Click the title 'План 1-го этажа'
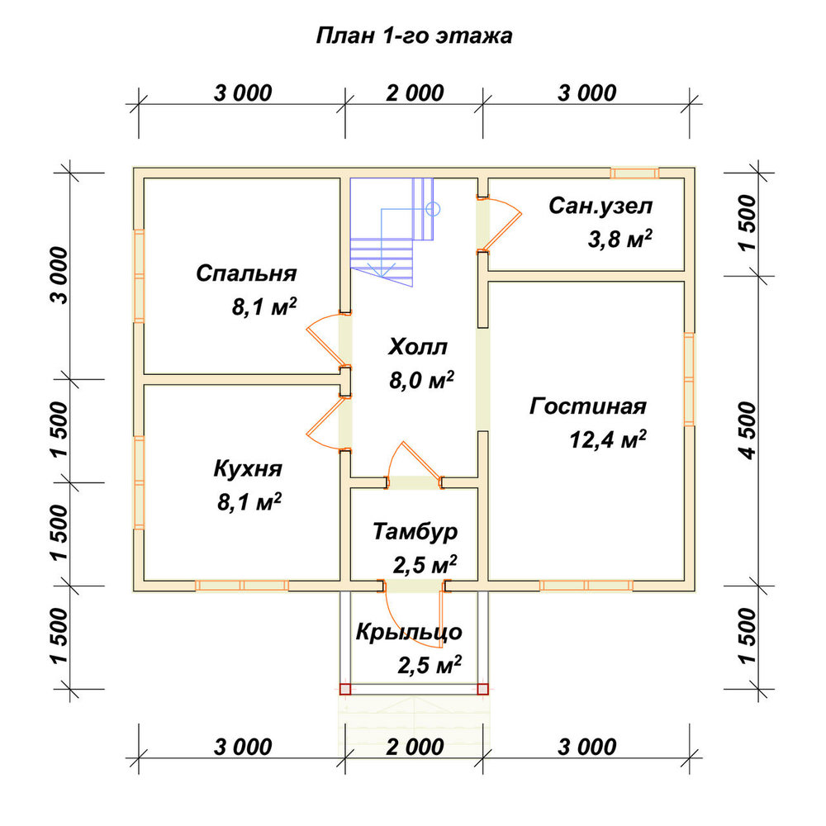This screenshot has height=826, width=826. pos(414,36)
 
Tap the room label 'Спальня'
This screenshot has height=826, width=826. pos(246,273)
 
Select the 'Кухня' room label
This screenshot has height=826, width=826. pos(248,469)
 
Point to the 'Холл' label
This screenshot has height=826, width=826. pos(418,347)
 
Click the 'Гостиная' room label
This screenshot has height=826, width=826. pos(588,406)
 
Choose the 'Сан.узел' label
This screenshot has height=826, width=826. pos(601,206)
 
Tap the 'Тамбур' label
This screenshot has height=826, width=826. pos(415,531)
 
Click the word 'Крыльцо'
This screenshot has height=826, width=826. pos(409,632)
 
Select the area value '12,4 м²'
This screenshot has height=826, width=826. pos(608,439)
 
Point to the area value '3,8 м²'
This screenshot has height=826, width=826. pos(620,240)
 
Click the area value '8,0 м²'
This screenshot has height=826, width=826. pos(421,380)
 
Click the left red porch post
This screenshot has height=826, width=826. pos(345,689)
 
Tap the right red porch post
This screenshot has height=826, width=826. pos(482,689)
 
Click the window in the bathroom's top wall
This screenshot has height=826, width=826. pos(634,173)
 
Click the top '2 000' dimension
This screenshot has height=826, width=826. pos(415,93)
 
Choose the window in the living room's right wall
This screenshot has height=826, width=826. pos(689,379)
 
